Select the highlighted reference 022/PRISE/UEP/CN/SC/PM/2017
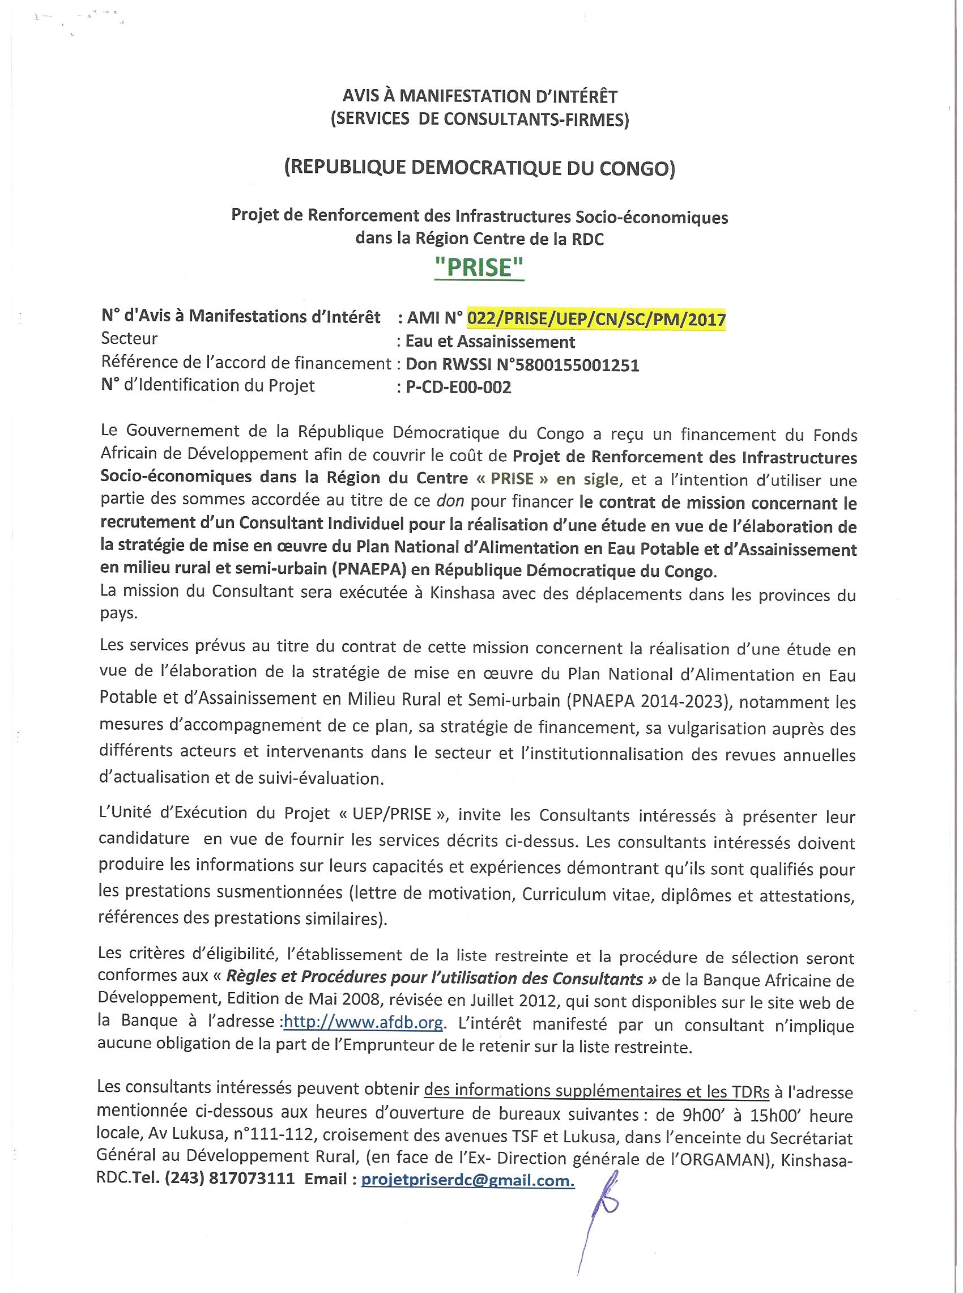596,319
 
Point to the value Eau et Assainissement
489,342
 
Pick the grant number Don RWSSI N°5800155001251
522,365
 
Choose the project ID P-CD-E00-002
458,387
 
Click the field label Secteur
129,339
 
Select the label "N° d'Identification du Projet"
208,385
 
